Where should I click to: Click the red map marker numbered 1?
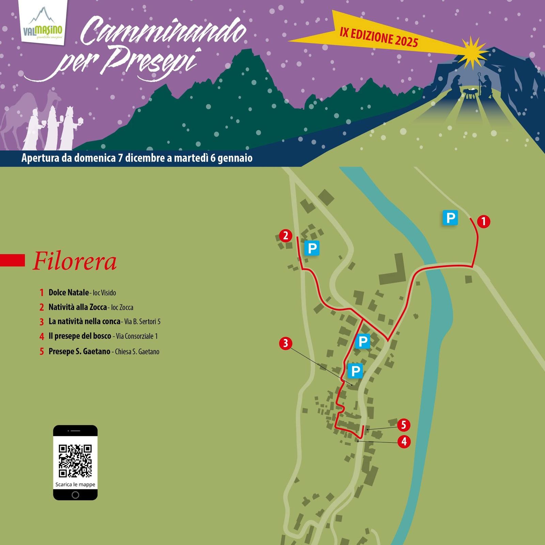pyautogui.click(x=483, y=222)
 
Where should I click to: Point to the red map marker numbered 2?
pyautogui.click(x=285, y=236)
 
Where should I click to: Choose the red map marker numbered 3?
pyautogui.click(x=285, y=343)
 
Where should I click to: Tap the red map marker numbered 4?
pyautogui.click(x=404, y=442)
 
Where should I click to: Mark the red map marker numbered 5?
pyautogui.click(x=404, y=425)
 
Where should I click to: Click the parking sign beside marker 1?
pyautogui.click(x=450, y=218)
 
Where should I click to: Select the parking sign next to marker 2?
pyautogui.click(x=312, y=248)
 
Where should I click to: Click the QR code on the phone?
pyautogui.click(x=75, y=461)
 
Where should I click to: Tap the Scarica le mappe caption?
pyautogui.click(x=75, y=484)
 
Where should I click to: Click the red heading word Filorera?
pyautogui.click(x=75, y=262)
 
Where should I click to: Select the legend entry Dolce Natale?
pyautogui.click(x=68, y=292)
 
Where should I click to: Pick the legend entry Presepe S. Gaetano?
pyautogui.click(x=79, y=351)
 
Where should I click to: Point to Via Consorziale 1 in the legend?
pyautogui.click(x=137, y=337)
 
